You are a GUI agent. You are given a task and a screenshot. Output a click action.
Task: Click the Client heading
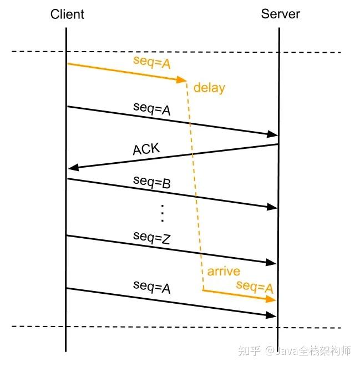coord(67,14)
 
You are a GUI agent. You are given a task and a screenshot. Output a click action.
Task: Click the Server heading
coord(280,14)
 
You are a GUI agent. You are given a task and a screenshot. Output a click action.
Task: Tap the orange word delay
coord(209,88)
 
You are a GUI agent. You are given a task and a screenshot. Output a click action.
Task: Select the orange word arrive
coord(224,271)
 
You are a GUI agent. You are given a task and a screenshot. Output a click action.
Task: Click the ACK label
coord(146,149)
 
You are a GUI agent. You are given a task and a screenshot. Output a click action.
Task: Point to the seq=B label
coord(152,182)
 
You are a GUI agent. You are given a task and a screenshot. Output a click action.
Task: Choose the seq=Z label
coord(152,238)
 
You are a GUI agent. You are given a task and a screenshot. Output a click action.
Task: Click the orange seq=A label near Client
coord(152,62)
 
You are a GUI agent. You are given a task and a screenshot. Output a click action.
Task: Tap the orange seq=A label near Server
coord(255,287)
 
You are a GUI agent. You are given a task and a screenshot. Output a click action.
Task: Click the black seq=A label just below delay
coord(152,109)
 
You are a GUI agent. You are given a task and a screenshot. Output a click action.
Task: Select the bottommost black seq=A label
coord(152,287)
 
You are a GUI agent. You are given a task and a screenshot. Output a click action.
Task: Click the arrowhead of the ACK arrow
coord(73,167)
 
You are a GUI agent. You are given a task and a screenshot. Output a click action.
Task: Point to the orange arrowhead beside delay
coord(181,79)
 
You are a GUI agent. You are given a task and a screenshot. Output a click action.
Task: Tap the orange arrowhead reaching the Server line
coord(271,299)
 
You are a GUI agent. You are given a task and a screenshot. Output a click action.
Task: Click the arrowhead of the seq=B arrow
coord(272,207)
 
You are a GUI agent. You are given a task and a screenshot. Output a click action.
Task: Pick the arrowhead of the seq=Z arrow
coord(271,262)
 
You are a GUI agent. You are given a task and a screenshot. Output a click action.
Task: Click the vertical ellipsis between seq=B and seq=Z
coord(163,213)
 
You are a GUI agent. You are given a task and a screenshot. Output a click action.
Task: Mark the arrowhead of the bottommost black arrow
coord(271,315)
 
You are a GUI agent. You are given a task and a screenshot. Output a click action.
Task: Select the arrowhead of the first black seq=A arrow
coord(272,134)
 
